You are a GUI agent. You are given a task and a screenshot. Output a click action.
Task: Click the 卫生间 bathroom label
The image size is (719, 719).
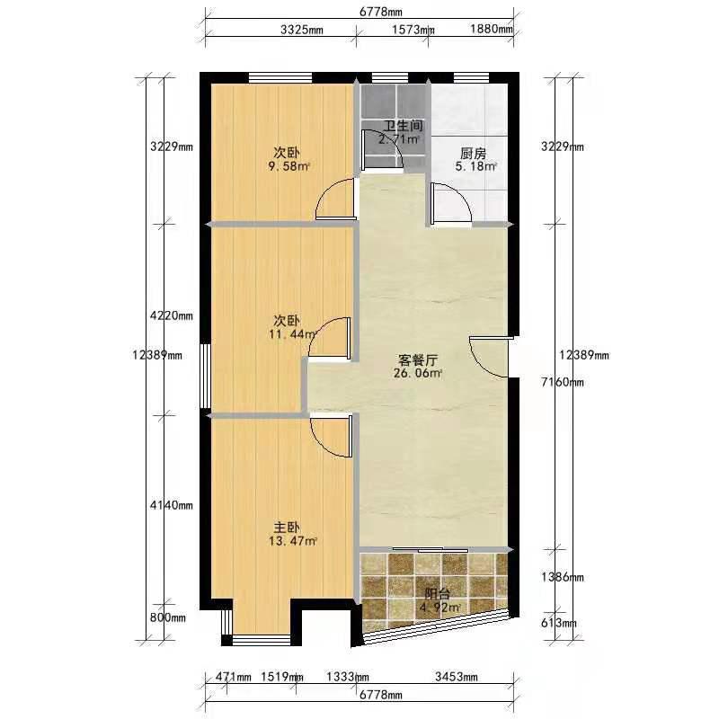(403, 126)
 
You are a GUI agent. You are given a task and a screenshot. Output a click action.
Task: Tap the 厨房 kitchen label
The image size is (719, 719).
(473, 153)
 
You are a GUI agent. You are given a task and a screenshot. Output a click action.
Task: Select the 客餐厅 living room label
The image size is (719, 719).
(418, 359)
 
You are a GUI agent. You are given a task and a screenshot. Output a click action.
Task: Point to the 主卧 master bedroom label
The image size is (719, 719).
(287, 528)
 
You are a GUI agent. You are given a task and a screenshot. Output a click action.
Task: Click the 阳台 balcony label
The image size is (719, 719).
(437, 594)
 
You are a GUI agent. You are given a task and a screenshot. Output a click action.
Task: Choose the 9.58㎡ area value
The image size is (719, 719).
(288, 166)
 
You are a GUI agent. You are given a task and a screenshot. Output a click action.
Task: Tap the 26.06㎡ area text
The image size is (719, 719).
(418, 373)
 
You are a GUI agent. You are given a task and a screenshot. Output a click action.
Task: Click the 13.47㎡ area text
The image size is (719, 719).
(293, 541)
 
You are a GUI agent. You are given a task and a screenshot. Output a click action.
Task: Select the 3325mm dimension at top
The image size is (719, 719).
(302, 31)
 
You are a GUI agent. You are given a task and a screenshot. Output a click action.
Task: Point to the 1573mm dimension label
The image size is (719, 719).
(413, 30)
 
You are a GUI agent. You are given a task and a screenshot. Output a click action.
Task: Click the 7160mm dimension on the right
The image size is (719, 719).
(563, 382)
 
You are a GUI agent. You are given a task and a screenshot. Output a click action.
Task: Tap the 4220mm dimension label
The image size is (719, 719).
(172, 316)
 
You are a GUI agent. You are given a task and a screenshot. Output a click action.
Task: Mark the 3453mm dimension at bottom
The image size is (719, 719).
(457, 677)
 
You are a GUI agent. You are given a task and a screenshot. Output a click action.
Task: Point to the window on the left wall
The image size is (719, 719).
(206, 376)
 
